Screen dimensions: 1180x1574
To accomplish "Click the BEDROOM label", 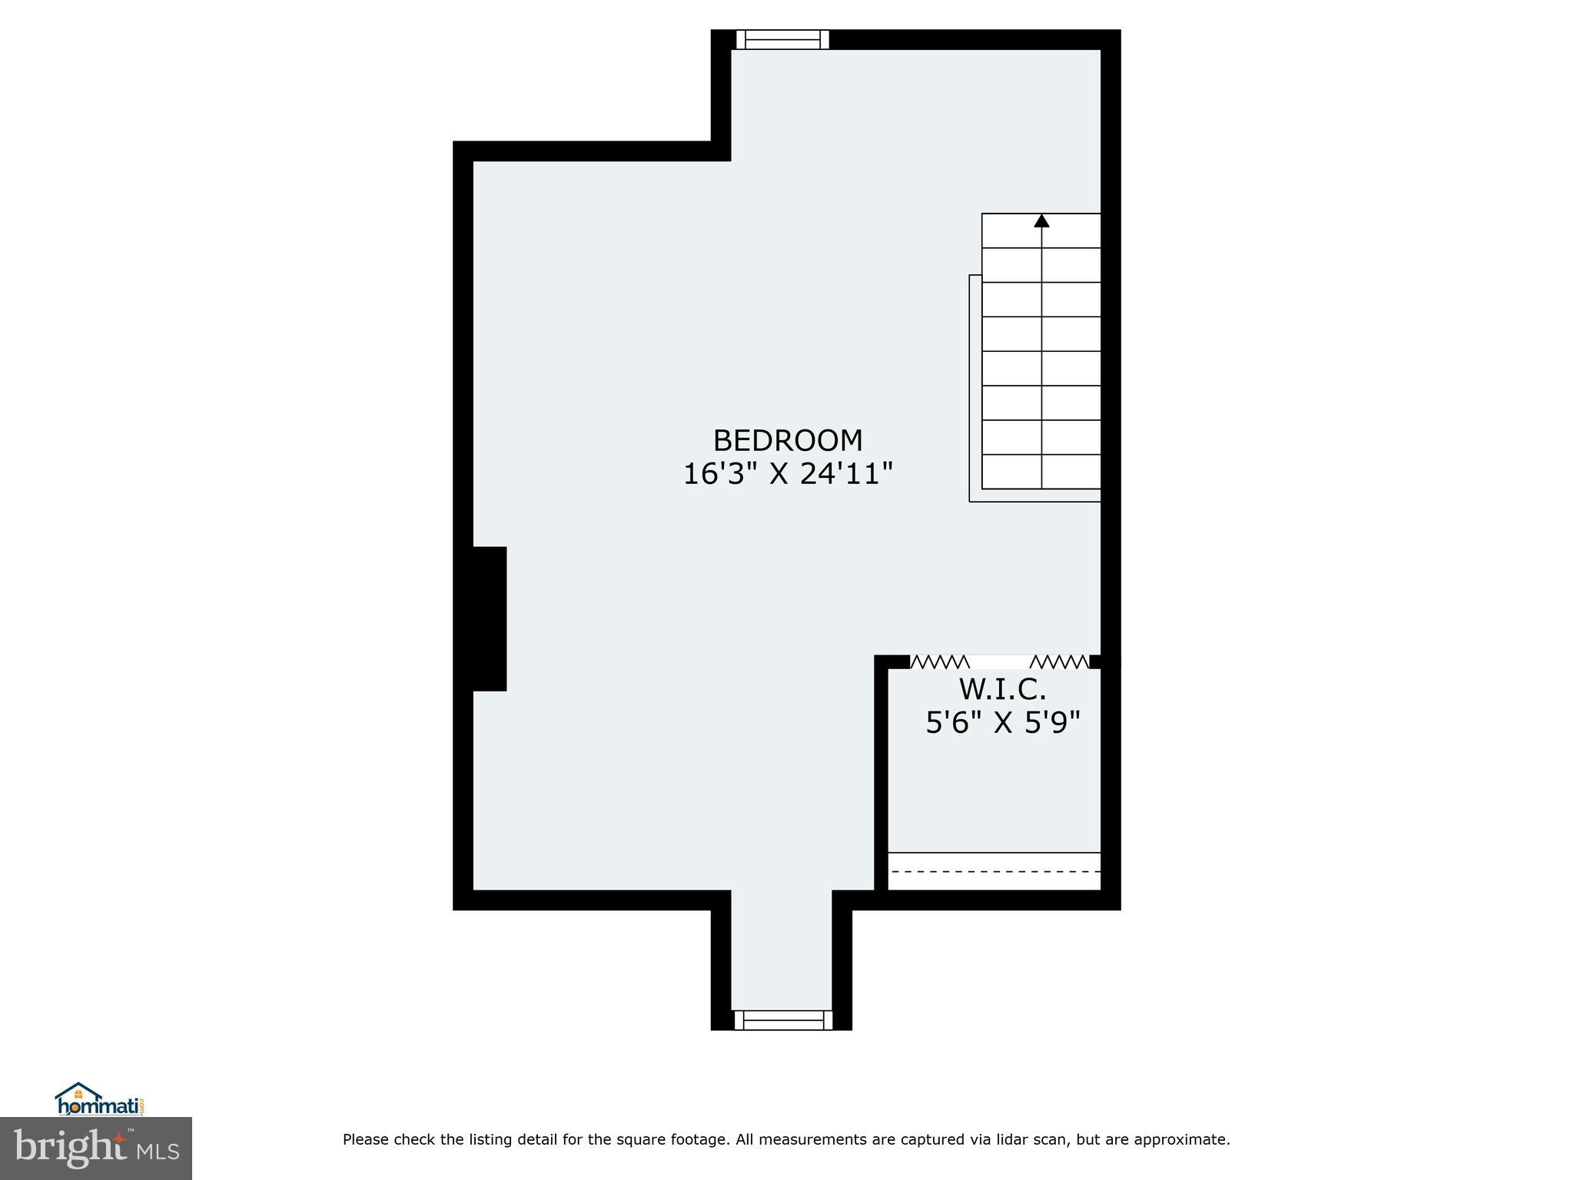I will pyautogui.click(x=788, y=441).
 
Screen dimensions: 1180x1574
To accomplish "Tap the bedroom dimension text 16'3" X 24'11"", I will pyautogui.click(x=788, y=474).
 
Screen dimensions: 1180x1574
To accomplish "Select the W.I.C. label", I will pyautogui.click(x=1002, y=690).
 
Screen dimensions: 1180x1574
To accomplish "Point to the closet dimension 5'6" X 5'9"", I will pyautogui.click(x=1002, y=723).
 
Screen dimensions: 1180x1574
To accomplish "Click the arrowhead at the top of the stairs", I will pyautogui.click(x=1041, y=221).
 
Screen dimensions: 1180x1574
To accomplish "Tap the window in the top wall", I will pyautogui.click(x=782, y=40).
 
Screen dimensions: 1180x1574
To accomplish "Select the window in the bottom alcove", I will pyautogui.click(x=782, y=1020).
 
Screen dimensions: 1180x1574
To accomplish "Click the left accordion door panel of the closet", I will pyautogui.click(x=939, y=661).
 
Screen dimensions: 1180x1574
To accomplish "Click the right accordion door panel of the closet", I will pyautogui.click(x=1059, y=661).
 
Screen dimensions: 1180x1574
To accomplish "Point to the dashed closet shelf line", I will pyautogui.click(x=995, y=871).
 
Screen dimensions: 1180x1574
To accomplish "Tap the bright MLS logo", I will pyautogui.click(x=96, y=1148).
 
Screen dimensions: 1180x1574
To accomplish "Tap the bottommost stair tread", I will pyautogui.click(x=1041, y=472).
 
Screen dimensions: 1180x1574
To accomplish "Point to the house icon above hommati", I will pyautogui.click(x=78, y=1092).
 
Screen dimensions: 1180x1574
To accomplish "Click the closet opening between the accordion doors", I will pyautogui.click(x=999, y=661).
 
